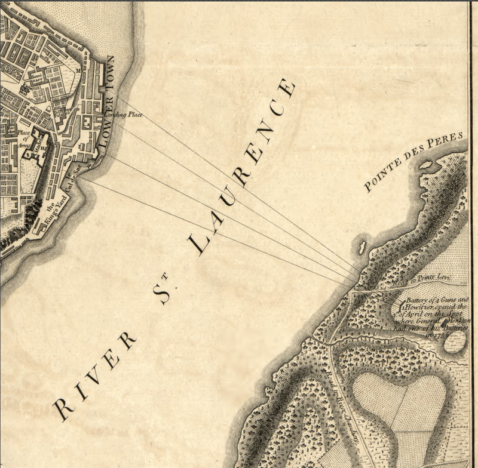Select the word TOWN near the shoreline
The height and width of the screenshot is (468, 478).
point(109,76)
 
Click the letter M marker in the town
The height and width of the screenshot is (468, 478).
point(79,70)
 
